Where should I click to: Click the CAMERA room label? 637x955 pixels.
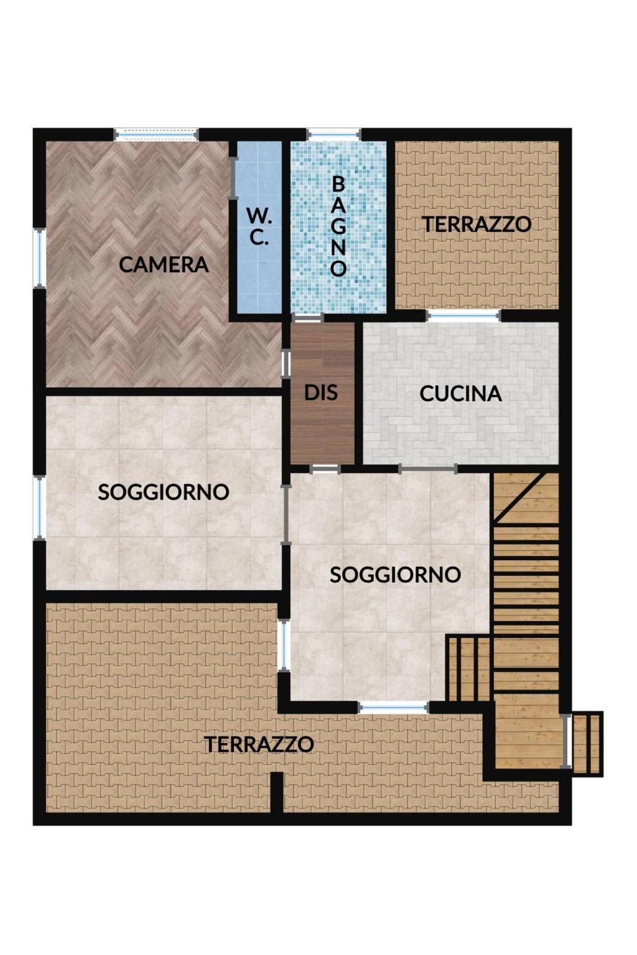164,265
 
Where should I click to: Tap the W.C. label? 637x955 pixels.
259,228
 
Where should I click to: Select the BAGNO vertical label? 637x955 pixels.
338,226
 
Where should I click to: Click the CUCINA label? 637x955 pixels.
460,394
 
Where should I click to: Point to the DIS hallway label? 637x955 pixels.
321,392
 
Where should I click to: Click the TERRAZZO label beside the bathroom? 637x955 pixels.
477,224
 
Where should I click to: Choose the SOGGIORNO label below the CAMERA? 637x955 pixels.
164,492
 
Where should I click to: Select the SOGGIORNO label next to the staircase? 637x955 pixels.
396,575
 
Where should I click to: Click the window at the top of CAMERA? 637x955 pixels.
157,134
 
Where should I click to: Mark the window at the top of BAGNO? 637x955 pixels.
334,134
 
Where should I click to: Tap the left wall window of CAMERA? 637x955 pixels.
39,259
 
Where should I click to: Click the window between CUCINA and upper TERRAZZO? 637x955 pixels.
463,316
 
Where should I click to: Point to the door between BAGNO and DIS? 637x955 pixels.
307,318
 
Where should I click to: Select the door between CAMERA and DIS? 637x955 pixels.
286,364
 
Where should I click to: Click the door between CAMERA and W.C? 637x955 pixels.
233,178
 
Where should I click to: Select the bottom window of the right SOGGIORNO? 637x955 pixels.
393,708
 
